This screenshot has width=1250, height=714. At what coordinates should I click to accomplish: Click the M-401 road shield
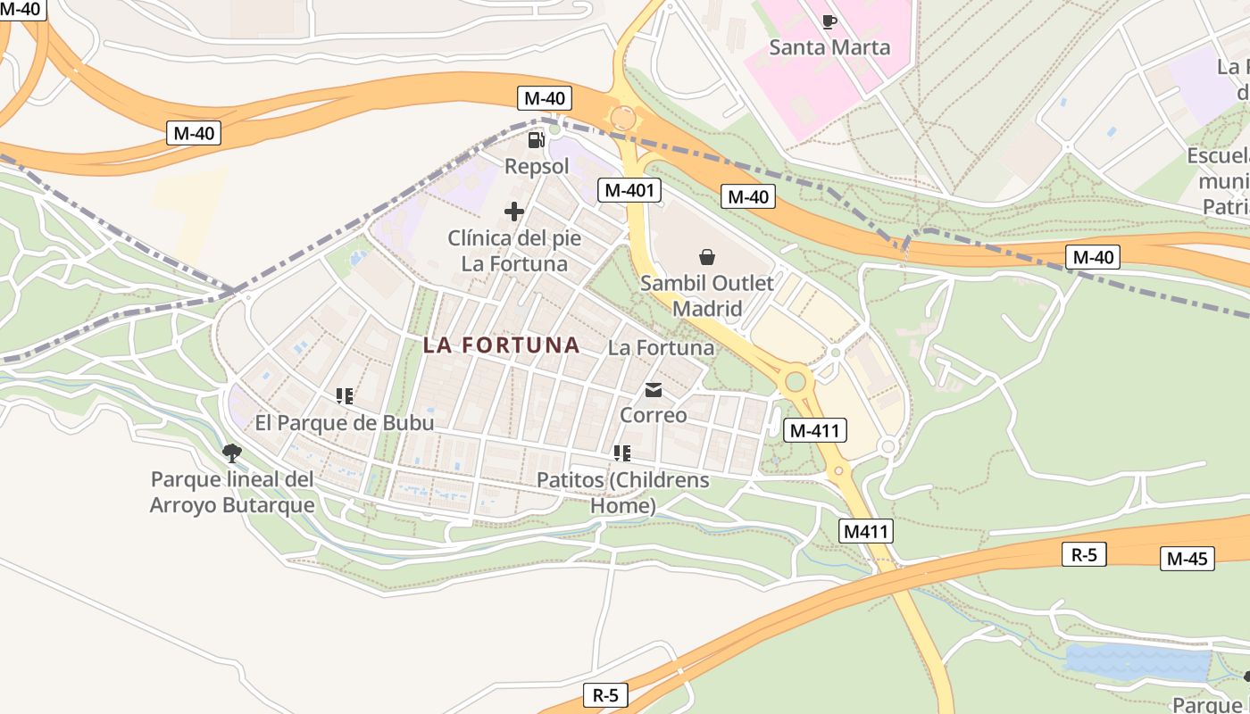pos(630,190)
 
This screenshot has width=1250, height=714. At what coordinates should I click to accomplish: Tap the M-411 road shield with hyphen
pos(815,430)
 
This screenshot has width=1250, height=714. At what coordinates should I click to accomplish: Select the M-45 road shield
pos(1187,559)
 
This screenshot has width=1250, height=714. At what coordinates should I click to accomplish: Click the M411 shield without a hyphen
pos(867,532)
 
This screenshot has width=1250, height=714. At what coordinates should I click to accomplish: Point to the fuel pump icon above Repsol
pos(536,140)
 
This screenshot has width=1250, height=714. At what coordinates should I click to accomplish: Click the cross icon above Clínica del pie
pos(513,212)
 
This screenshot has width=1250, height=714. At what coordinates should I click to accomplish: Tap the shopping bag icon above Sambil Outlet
pos(707,257)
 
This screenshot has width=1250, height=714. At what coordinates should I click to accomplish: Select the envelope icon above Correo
pos(654,390)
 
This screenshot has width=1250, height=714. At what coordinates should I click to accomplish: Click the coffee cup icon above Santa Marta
pos(829,21)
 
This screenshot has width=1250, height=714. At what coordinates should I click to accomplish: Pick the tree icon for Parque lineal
pos(232,453)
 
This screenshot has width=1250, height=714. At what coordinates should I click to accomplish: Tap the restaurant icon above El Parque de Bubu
pos(345,395)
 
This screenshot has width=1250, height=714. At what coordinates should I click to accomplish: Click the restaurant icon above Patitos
pos(622,453)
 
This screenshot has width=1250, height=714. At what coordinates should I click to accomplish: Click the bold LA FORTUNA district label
pos(502,345)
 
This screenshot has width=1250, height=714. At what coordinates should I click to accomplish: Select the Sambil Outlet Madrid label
pos(707,296)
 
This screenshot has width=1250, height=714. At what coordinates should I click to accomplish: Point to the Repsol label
pos(537,166)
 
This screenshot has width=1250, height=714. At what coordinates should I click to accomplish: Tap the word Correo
pos(654,415)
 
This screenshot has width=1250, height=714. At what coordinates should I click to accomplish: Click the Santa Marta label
pos(829,47)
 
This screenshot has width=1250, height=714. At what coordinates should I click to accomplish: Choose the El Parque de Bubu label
pos(345,422)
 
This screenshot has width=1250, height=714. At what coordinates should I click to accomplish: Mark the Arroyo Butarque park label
pos(232,492)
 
